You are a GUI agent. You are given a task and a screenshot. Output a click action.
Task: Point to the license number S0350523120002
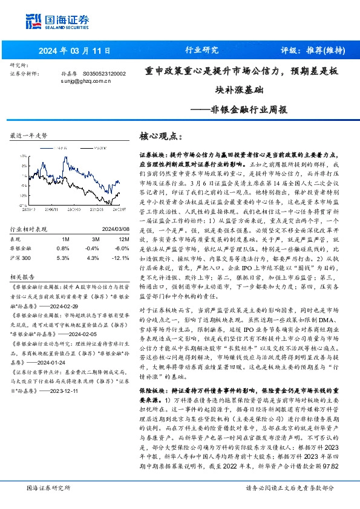pyautogui.click(x=104, y=73)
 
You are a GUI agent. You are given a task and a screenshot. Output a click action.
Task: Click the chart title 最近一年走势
pyautogui.click(x=29, y=137)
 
